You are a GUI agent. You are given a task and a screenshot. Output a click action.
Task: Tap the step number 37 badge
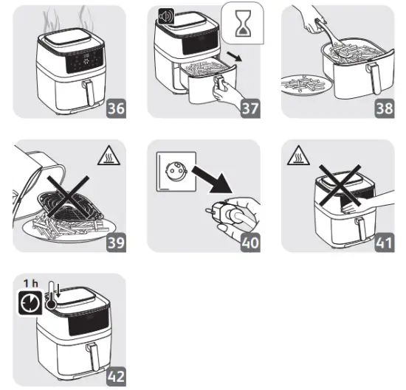pyautogui.click(x=252, y=108)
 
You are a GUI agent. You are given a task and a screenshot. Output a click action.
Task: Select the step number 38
pyautogui.click(x=384, y=108)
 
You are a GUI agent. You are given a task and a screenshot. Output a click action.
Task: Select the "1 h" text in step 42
pyautogui.click(x=30, y=283)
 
